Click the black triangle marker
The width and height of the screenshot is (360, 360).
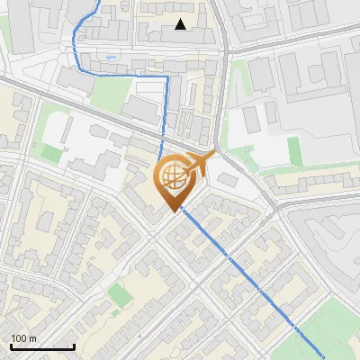point(181,24)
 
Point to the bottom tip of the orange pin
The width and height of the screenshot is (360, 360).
point(173,211)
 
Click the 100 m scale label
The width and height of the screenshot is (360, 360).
point(24,338)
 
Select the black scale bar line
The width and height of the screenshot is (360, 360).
point(42,346)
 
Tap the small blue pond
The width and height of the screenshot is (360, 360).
point(110,58)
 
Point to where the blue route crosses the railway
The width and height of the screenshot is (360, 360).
point(162,147)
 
